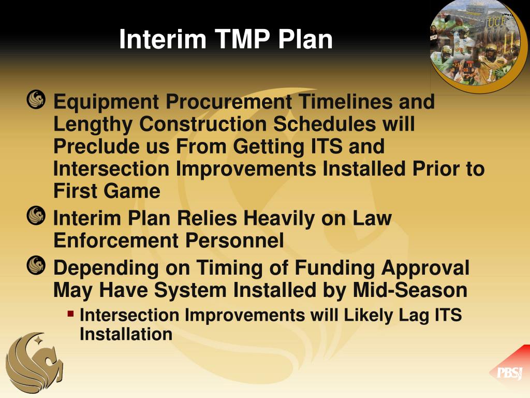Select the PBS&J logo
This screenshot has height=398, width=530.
click(x=509, y=373)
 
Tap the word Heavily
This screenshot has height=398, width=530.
click(x=280, y=219)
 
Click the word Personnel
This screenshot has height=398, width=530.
click(x=239, y=241)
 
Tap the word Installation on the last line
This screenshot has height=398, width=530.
click(x=126, y=334)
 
